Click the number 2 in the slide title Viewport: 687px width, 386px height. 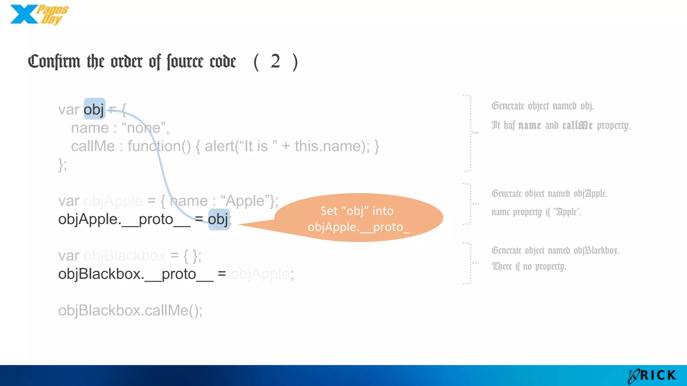(x=275, y=61)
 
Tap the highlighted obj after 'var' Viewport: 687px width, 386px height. (x=94, y=109)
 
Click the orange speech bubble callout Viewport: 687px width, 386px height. (x=358, y=218)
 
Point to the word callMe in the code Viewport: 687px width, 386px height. (x=93, y=146)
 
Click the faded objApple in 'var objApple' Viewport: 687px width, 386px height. (x=113, y=201)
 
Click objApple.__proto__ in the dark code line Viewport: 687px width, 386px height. (x=124, y=219)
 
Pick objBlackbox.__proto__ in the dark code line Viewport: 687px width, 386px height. (x=136, y=274)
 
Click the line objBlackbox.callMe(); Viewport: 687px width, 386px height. (x=130, y=310)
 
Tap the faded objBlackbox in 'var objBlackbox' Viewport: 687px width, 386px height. (x=124, y=256)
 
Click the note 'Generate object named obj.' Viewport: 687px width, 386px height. (x=543, y=106)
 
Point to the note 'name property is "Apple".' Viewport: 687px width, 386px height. (x=536, y=212)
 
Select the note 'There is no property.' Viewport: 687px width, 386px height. (x=529, y=266)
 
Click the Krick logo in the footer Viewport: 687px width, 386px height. (x=652, y=376)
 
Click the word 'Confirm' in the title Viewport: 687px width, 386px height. (x=54, y=62)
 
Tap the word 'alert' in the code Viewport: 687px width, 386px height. (x=220, y=146)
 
